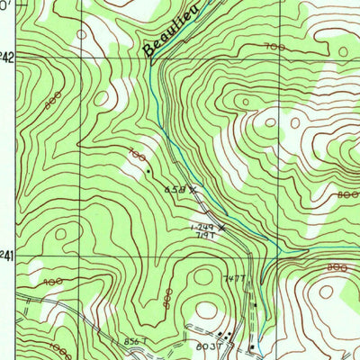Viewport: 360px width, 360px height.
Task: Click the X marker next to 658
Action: coord(191,189)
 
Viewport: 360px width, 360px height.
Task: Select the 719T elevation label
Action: coord(206,235)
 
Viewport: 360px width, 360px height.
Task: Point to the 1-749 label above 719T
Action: coord(202,227)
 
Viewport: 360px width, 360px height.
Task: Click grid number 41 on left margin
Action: coord(7,257)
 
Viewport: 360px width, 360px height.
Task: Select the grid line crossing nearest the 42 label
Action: coord(77,56)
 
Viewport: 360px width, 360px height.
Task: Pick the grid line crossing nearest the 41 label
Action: coord(77,256)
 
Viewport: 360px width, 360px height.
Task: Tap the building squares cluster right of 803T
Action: coord(226,337)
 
